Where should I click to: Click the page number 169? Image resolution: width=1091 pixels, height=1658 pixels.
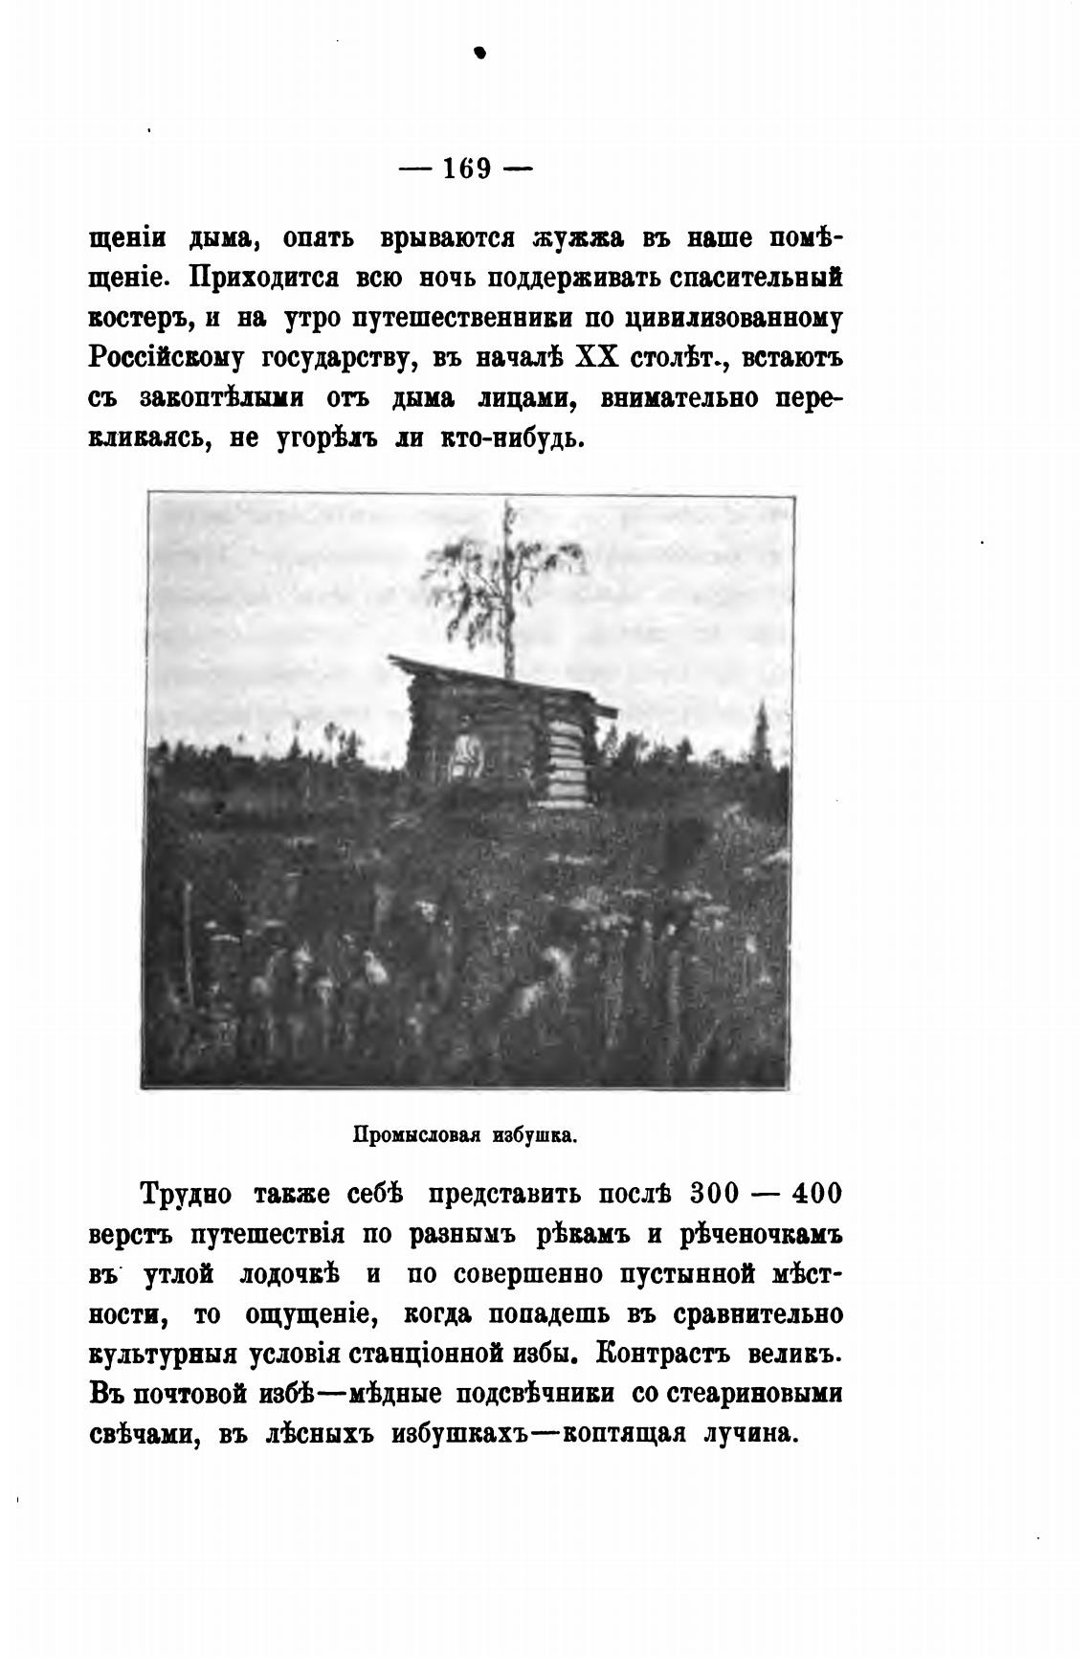click(x=466, y=168)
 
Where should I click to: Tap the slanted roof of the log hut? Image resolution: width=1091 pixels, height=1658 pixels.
click(x=498, y=678)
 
